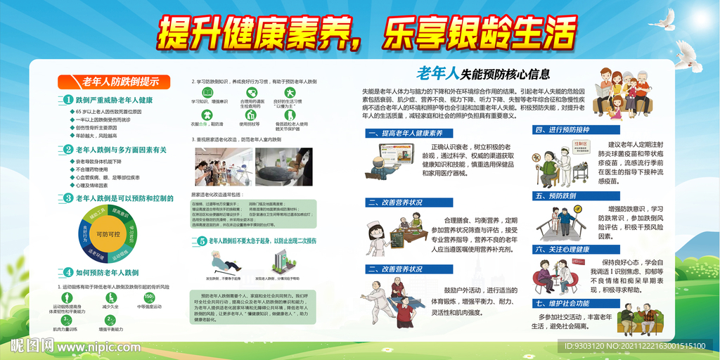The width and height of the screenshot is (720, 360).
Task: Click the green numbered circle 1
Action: pyautogui.click(x=68, y=101)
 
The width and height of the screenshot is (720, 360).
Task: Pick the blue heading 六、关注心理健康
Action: pyautogui.click(x=562, y=249)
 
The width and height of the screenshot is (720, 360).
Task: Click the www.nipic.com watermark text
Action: pyautogui.click(x=91, y=347)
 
